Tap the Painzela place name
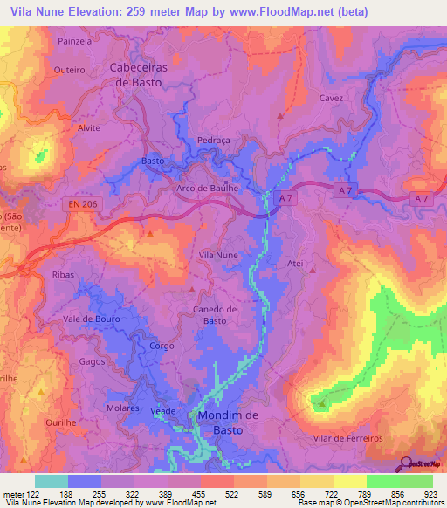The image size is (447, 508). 74,41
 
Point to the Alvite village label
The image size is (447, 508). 89,127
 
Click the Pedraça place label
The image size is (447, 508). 212,140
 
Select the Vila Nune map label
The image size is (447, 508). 218,255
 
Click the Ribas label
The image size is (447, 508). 64,274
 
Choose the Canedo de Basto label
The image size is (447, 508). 215,314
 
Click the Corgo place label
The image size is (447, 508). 162,346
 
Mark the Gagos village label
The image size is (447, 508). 91,361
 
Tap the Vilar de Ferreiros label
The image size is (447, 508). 347,437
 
